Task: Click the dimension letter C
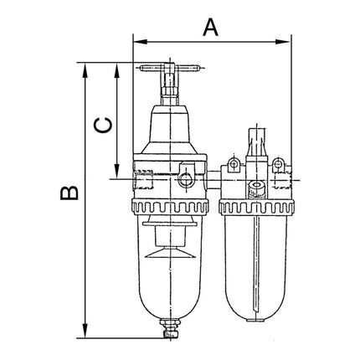[101, 125]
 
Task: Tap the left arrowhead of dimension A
[138, 39]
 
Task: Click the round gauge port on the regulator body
[185, 177]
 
